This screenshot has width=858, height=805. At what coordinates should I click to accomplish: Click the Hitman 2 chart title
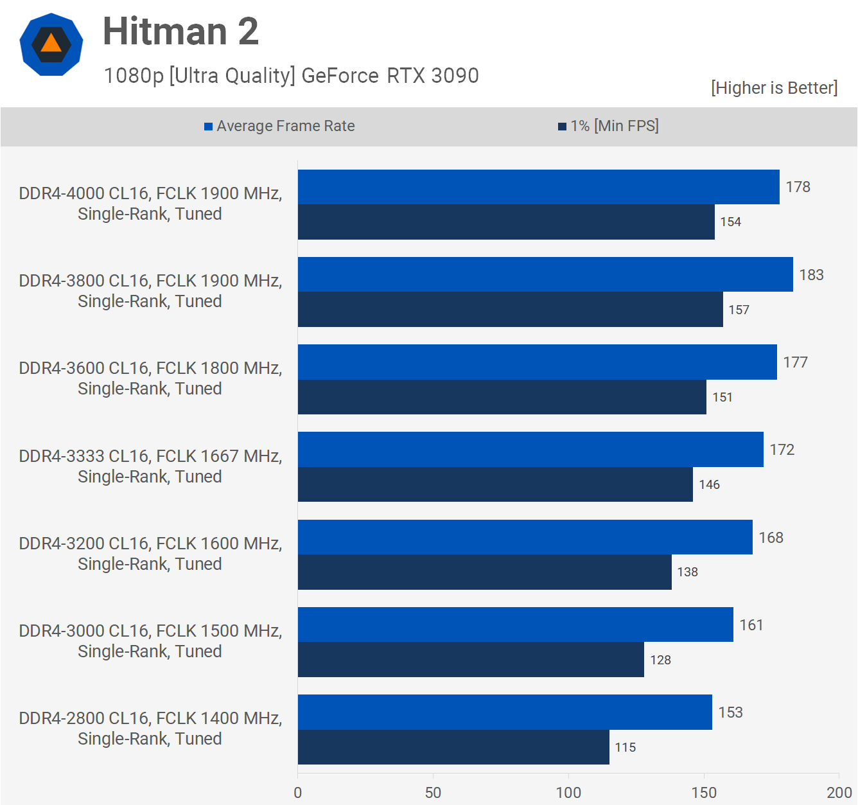[180, 31]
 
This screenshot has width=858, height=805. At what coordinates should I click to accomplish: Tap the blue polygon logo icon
[51, 44]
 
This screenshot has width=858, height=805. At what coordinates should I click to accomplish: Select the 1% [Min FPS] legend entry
[608, 126]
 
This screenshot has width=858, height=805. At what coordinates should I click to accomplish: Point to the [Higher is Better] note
[774, 88]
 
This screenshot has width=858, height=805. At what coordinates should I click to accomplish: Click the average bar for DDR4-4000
[538, 187]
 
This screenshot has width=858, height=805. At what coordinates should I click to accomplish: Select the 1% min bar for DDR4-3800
[510, 310]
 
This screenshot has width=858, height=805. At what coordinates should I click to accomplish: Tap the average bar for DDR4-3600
[537, 362]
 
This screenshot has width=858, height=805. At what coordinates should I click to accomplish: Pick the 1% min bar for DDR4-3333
[495, 484]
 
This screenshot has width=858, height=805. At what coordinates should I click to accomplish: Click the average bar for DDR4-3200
[525, 537]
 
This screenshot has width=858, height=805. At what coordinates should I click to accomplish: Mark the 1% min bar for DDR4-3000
[471, 660]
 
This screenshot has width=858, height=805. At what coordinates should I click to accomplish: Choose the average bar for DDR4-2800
[505, 712]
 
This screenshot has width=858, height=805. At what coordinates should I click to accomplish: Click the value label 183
[811, 275]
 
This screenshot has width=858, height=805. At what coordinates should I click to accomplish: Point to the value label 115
[625, 747]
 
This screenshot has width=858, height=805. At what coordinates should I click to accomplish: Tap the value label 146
[709, 484]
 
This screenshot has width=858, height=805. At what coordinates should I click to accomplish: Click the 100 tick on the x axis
[568, 792]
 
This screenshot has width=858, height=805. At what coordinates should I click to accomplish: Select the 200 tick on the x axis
[839, 792]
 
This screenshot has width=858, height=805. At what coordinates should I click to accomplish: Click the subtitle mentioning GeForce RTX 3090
[292, 76]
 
